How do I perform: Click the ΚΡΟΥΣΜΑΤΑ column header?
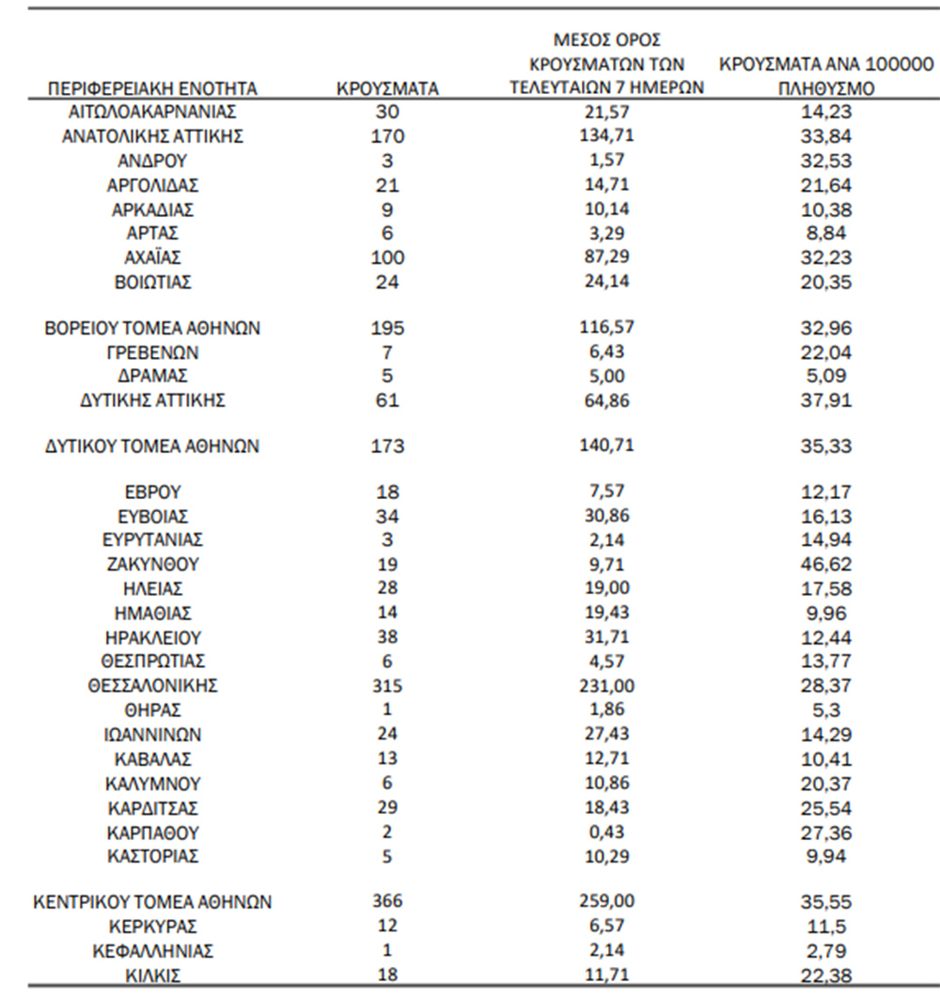point(387,89)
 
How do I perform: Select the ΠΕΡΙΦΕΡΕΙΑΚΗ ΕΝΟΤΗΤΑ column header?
point(152,89)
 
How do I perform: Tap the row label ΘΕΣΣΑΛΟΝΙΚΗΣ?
point(152,686)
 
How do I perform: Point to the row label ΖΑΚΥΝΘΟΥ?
point(152,565)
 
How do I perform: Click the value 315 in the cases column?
point(387,686)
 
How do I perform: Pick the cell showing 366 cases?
point(387,902)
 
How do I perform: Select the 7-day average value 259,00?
point(606,901)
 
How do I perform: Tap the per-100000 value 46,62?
point(825,565)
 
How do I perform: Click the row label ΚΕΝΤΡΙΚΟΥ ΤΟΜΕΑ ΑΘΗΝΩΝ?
point(152,902)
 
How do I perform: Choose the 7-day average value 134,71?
point(606,135)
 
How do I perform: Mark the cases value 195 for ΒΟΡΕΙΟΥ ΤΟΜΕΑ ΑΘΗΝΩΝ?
point(387,329)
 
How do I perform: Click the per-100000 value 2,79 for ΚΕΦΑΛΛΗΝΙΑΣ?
point(825,951)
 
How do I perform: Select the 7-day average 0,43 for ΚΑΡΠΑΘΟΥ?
point(606,832)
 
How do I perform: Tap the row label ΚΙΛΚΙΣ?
point(152,975)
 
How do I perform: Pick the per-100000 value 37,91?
point(825,400)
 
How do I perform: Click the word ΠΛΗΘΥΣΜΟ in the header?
point(825,90)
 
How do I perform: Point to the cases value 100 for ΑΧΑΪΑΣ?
point(387,257)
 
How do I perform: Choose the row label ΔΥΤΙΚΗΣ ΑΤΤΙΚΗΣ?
point(152,400)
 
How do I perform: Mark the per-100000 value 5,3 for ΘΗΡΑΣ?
point(825,710)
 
